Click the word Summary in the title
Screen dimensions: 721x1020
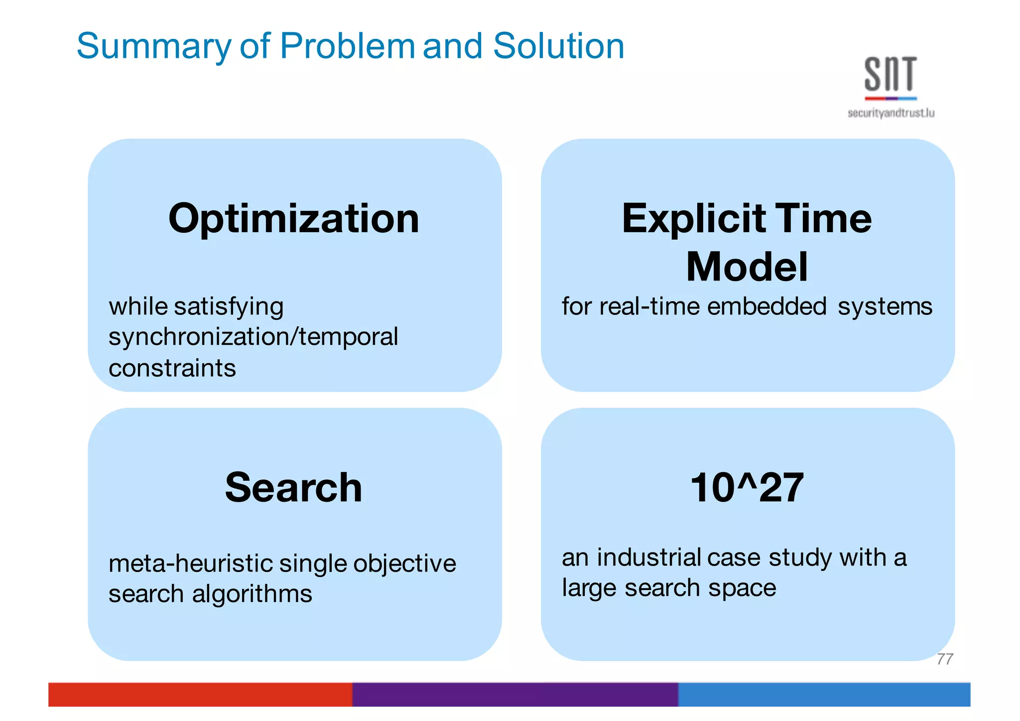tap(154, 46)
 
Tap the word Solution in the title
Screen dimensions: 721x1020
tap(558, 46)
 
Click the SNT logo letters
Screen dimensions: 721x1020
tap(891, 74)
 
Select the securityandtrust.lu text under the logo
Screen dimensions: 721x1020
tap(891, 114)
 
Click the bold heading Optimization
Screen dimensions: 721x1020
tap(294, 219)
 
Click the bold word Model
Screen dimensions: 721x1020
tap(747, 267)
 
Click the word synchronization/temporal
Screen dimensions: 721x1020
tap(253, 337)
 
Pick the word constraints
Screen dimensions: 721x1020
tap(172, 368)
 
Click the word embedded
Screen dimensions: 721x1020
tap(766, 306)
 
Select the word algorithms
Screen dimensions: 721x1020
tap(252, 594)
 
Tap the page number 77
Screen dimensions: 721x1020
tap(945, 659)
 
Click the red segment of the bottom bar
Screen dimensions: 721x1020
tap(199, 694)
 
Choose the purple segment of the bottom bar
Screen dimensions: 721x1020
tap(515, 694)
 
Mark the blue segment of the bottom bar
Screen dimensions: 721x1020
tap(824, 694)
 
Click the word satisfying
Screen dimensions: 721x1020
tap(229, 306)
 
